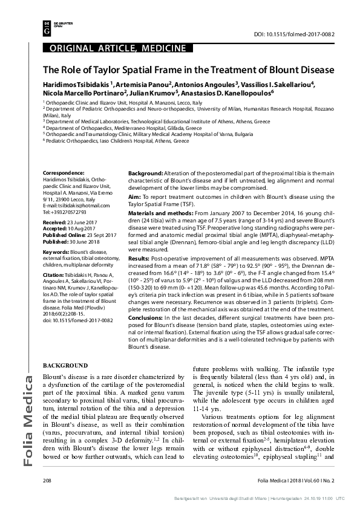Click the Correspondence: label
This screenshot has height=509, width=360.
pyautogui.click(x=59, y=172)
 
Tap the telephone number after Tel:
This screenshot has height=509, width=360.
pyautogui.click(x=68, y=212)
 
